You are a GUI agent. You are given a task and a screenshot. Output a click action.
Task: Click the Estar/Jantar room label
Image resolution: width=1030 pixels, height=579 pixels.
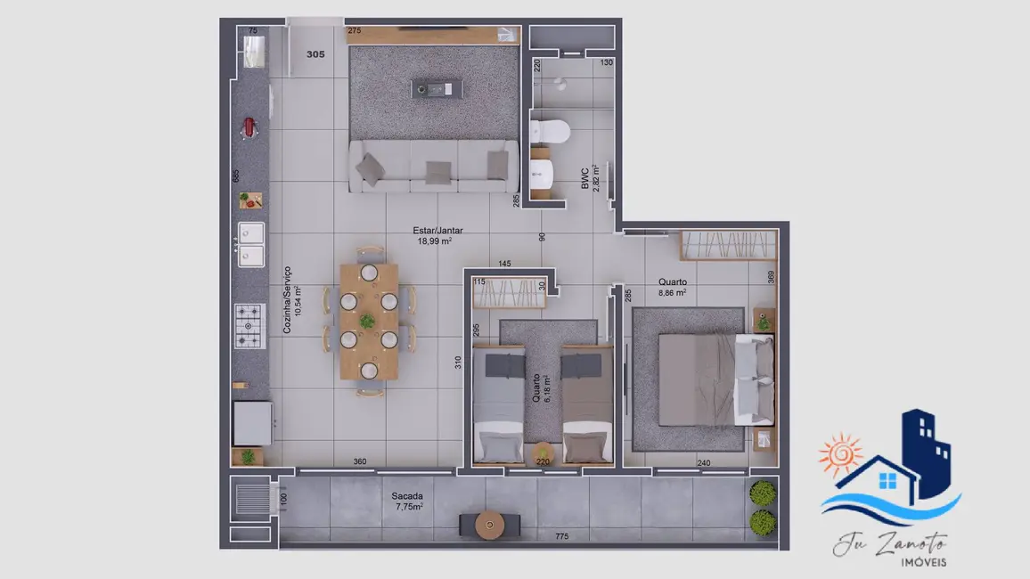tap(438, 235)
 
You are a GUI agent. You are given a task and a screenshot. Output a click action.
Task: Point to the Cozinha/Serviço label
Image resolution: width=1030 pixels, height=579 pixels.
tap(291, 300)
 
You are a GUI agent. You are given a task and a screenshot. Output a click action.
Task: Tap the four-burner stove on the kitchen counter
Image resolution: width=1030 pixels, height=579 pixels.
tap(249, 326)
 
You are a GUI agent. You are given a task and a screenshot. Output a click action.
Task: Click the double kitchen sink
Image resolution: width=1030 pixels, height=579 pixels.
tap(250, 245)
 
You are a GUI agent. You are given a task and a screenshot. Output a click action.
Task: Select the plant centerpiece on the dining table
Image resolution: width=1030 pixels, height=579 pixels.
tap(367, 321)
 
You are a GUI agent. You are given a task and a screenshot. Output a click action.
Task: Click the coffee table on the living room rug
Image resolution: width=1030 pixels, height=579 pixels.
tap(437, 88)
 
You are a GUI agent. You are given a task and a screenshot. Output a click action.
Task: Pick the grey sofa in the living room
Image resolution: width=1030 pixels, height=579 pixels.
tap(433, 166)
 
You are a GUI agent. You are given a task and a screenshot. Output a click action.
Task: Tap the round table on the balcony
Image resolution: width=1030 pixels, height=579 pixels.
tap(489, 524)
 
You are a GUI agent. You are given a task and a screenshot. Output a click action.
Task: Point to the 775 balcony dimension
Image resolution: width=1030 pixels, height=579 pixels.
tap(560, 536)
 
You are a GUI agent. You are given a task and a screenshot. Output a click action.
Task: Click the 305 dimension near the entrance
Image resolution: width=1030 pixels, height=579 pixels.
tap(315, 54)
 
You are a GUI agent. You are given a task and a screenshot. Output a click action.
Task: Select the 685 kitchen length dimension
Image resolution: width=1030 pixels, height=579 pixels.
tap(236, 176)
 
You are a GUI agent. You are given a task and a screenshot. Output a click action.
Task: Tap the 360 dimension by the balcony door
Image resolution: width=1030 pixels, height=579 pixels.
tap(360, 461)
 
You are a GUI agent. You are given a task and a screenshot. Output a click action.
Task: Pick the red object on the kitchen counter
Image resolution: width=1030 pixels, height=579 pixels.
tap(249, 127)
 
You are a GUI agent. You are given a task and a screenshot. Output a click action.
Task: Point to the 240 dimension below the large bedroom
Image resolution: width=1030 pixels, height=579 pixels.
tap(703, 462)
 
